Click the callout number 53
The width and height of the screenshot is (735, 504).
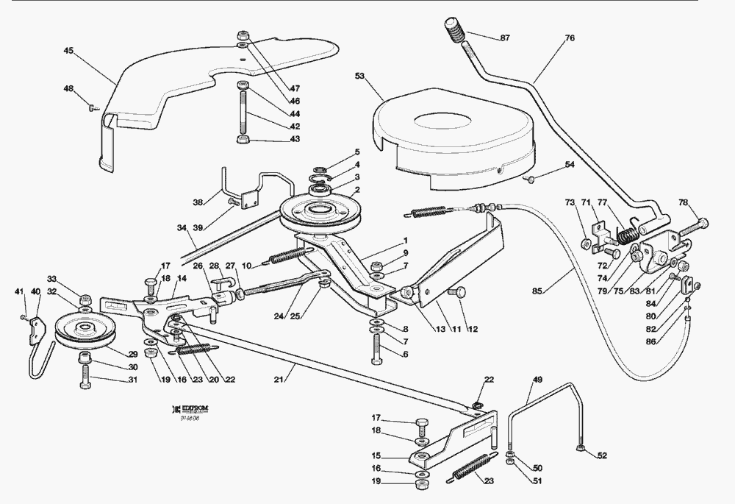(360, 76)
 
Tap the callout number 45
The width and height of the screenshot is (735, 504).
(68, 51)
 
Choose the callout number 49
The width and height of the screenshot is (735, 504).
(537, 380)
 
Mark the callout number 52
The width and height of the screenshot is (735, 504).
(602, 455)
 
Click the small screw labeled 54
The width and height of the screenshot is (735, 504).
(528, 178)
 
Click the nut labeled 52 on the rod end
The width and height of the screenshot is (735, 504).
(580, 445)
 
